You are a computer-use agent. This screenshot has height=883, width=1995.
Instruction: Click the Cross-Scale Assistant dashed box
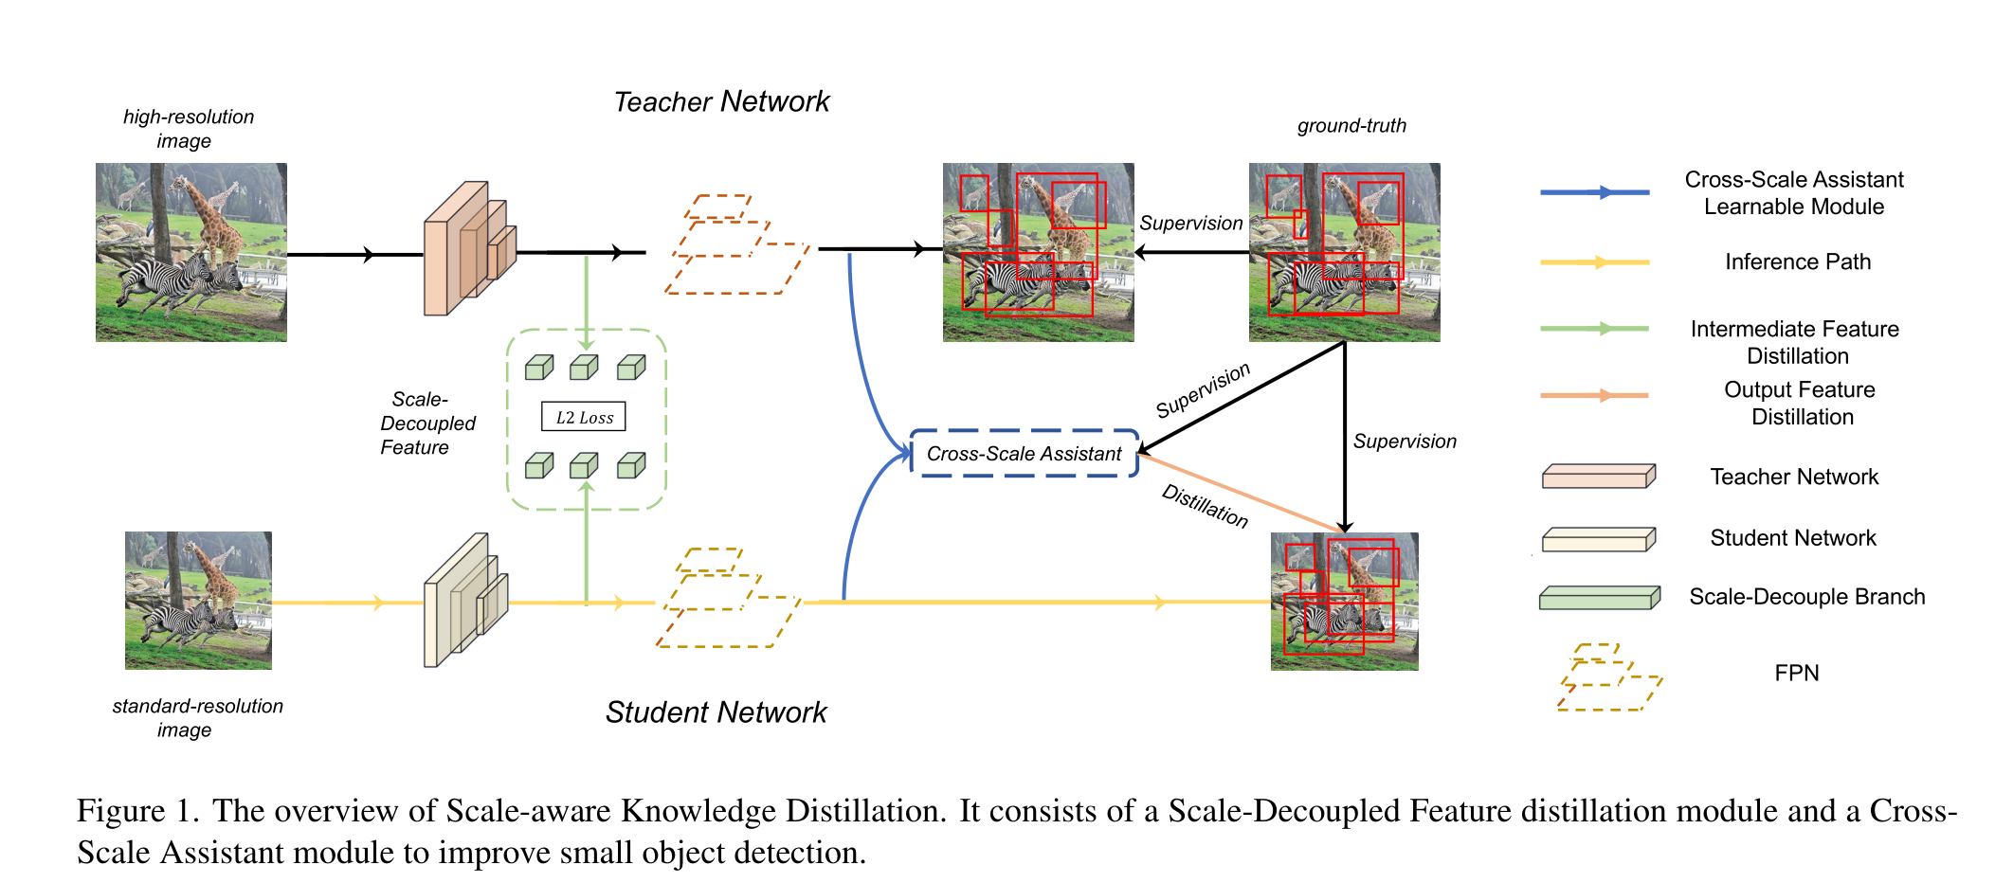pos(1024,454)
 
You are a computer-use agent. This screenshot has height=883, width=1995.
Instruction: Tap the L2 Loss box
pos(584,417)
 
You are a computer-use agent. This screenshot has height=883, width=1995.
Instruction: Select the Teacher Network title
pos(721,101)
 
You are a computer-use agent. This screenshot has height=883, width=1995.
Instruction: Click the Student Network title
pos(716,712)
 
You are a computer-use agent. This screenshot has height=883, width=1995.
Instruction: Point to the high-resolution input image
pos(190,252)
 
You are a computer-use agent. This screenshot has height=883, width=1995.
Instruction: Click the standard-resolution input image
pos(198,601)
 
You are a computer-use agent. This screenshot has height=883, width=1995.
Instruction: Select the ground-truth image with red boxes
pos(1344,252)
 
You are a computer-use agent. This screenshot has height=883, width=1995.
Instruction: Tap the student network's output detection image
pos(1344,601)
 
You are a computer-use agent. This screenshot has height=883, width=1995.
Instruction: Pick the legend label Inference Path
pos(1797,261)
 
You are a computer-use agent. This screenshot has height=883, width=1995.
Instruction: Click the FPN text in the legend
pos(1796,673)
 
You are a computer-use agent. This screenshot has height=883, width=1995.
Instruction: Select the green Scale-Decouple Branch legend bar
pos(1599,598)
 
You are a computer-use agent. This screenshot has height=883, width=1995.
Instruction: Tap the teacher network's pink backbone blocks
pos(469,248)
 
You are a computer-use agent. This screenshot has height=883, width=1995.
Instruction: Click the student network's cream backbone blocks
pos(464,600)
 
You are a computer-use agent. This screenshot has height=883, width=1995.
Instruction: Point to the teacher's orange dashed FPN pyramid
pos(736,246)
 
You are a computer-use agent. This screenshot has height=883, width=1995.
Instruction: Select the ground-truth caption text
pos(1351,125)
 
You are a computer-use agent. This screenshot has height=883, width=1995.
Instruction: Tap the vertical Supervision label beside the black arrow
pos(1404,441)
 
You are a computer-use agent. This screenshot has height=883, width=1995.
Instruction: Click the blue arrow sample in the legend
pos(1594,192)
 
